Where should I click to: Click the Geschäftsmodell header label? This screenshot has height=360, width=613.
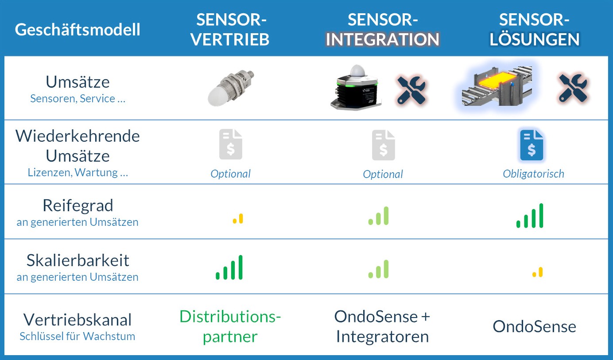click(78, 30)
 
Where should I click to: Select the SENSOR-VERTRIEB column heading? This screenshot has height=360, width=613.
click(230, 30)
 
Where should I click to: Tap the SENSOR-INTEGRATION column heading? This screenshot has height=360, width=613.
click(383, 30)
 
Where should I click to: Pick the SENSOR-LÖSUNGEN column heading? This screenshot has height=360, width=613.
click(535, 30)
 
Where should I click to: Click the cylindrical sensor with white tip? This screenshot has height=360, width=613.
click(230, 89)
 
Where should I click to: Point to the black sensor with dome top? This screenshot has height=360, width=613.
click(356, 88)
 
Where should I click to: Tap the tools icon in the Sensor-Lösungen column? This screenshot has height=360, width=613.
click(573, 88)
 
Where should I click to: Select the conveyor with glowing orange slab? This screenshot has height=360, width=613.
click(497, 86)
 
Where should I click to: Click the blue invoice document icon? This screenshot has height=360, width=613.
click(532, 145)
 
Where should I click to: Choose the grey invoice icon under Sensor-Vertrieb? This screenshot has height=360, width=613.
click(231, 144)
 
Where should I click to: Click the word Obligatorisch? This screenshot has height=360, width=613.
click(533, 174)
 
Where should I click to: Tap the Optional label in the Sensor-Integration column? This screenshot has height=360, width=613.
click(383, 174)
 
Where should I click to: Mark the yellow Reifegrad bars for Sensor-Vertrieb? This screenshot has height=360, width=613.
click(238, 219)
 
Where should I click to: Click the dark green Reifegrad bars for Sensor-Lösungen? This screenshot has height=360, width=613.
click(530, 216)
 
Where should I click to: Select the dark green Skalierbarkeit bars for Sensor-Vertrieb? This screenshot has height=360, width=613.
click(229, 267)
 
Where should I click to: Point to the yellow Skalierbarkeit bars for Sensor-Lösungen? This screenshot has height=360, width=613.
click(537, 272)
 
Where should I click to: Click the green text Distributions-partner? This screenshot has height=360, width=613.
click(230, 326)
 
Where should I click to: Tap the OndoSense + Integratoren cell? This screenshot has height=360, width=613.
click(382, 326)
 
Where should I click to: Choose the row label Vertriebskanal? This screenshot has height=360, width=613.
click(78, 320)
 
